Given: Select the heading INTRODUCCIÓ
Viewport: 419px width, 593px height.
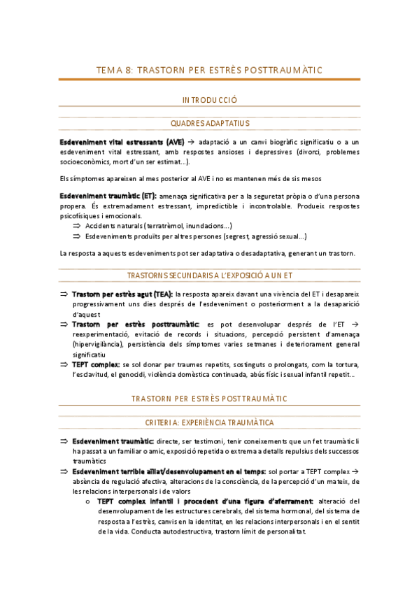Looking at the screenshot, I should point(209,100).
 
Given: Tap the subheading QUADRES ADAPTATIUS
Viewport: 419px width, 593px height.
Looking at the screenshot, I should point(209,123).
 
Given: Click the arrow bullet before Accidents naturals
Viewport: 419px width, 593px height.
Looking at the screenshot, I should point(77,226).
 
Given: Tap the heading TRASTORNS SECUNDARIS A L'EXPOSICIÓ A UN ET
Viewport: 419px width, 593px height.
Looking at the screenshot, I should point(209,276).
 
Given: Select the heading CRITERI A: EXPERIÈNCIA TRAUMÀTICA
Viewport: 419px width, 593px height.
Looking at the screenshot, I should point(209,423).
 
